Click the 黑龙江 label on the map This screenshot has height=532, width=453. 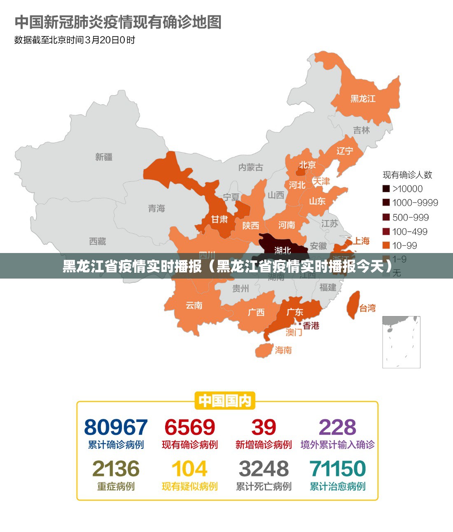click(x=363, y=98)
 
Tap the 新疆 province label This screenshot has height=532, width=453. click(x=104, y=157)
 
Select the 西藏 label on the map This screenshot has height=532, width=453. click(x=98, y=241)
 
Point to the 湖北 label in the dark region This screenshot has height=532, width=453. click(x=283, y=250)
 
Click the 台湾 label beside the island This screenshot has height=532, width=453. click(x=367, y=308)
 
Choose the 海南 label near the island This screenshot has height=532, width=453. click(x=283, y=350)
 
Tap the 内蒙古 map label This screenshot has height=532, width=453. click(x=250, y=167)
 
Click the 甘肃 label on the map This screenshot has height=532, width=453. click(x=219, y=219)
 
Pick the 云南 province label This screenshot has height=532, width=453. click(x=194, y=305)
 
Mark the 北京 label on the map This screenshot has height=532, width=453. click(x=307, y=165)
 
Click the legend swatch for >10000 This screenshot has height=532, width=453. click(x=386, y=189)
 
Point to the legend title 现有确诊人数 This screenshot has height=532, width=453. click(x=407, y=175)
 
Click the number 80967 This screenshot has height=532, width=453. click(x=116, y=427)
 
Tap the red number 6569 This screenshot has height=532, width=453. click(x=189, y=427)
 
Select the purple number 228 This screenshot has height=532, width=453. click(x=337, y=427)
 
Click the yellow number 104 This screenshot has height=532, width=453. click(x=189, y=469)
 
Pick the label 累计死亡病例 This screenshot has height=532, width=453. click(x=264, y=487)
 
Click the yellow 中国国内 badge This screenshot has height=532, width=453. click(x=224, y=401)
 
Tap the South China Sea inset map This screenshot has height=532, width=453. click(x=401, y=342)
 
